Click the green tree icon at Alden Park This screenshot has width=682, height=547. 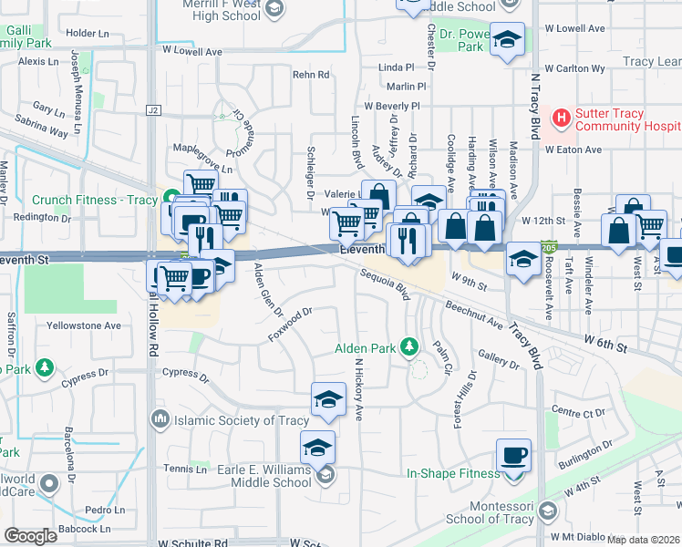[409, 346]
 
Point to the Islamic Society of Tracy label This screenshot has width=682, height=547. [223, 420]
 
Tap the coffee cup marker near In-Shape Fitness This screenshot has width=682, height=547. [512, 455]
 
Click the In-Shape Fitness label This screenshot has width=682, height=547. [453, 473]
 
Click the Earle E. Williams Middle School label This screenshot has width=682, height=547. [253, 476]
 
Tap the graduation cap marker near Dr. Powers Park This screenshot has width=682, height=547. [508, 38]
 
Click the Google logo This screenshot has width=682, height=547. [30, 536]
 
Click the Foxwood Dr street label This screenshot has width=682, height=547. [291, 325]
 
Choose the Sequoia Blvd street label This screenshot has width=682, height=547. [384, 285]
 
